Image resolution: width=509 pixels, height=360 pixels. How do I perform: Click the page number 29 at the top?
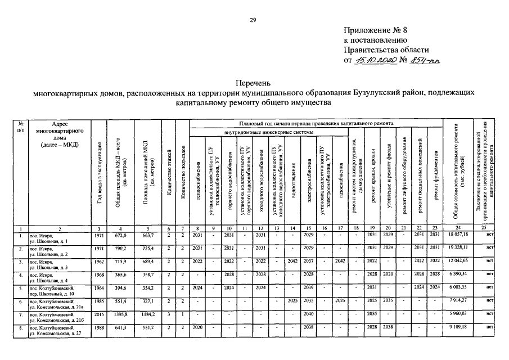click(x=253, y=21)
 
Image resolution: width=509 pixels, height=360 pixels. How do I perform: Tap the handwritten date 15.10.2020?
click(x=376, y=59)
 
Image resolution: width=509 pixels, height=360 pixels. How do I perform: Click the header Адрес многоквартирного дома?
click(x=59, y=134)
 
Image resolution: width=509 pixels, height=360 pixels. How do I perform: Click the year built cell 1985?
click(x=98, y=301)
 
